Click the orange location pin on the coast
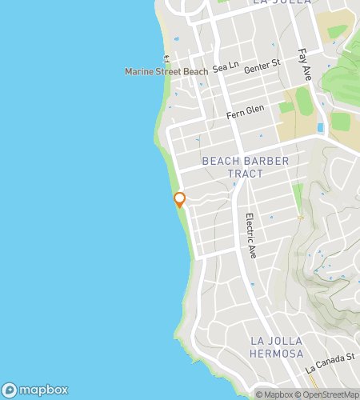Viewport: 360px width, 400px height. click(180, 199)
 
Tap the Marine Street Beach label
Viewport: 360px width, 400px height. click(166, 72)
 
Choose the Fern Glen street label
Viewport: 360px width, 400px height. click(244, 114)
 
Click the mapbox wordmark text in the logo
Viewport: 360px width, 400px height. click(44, 390)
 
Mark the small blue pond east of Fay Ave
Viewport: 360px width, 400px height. click(320, 128)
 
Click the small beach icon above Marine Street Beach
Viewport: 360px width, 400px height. click(166, 58)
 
